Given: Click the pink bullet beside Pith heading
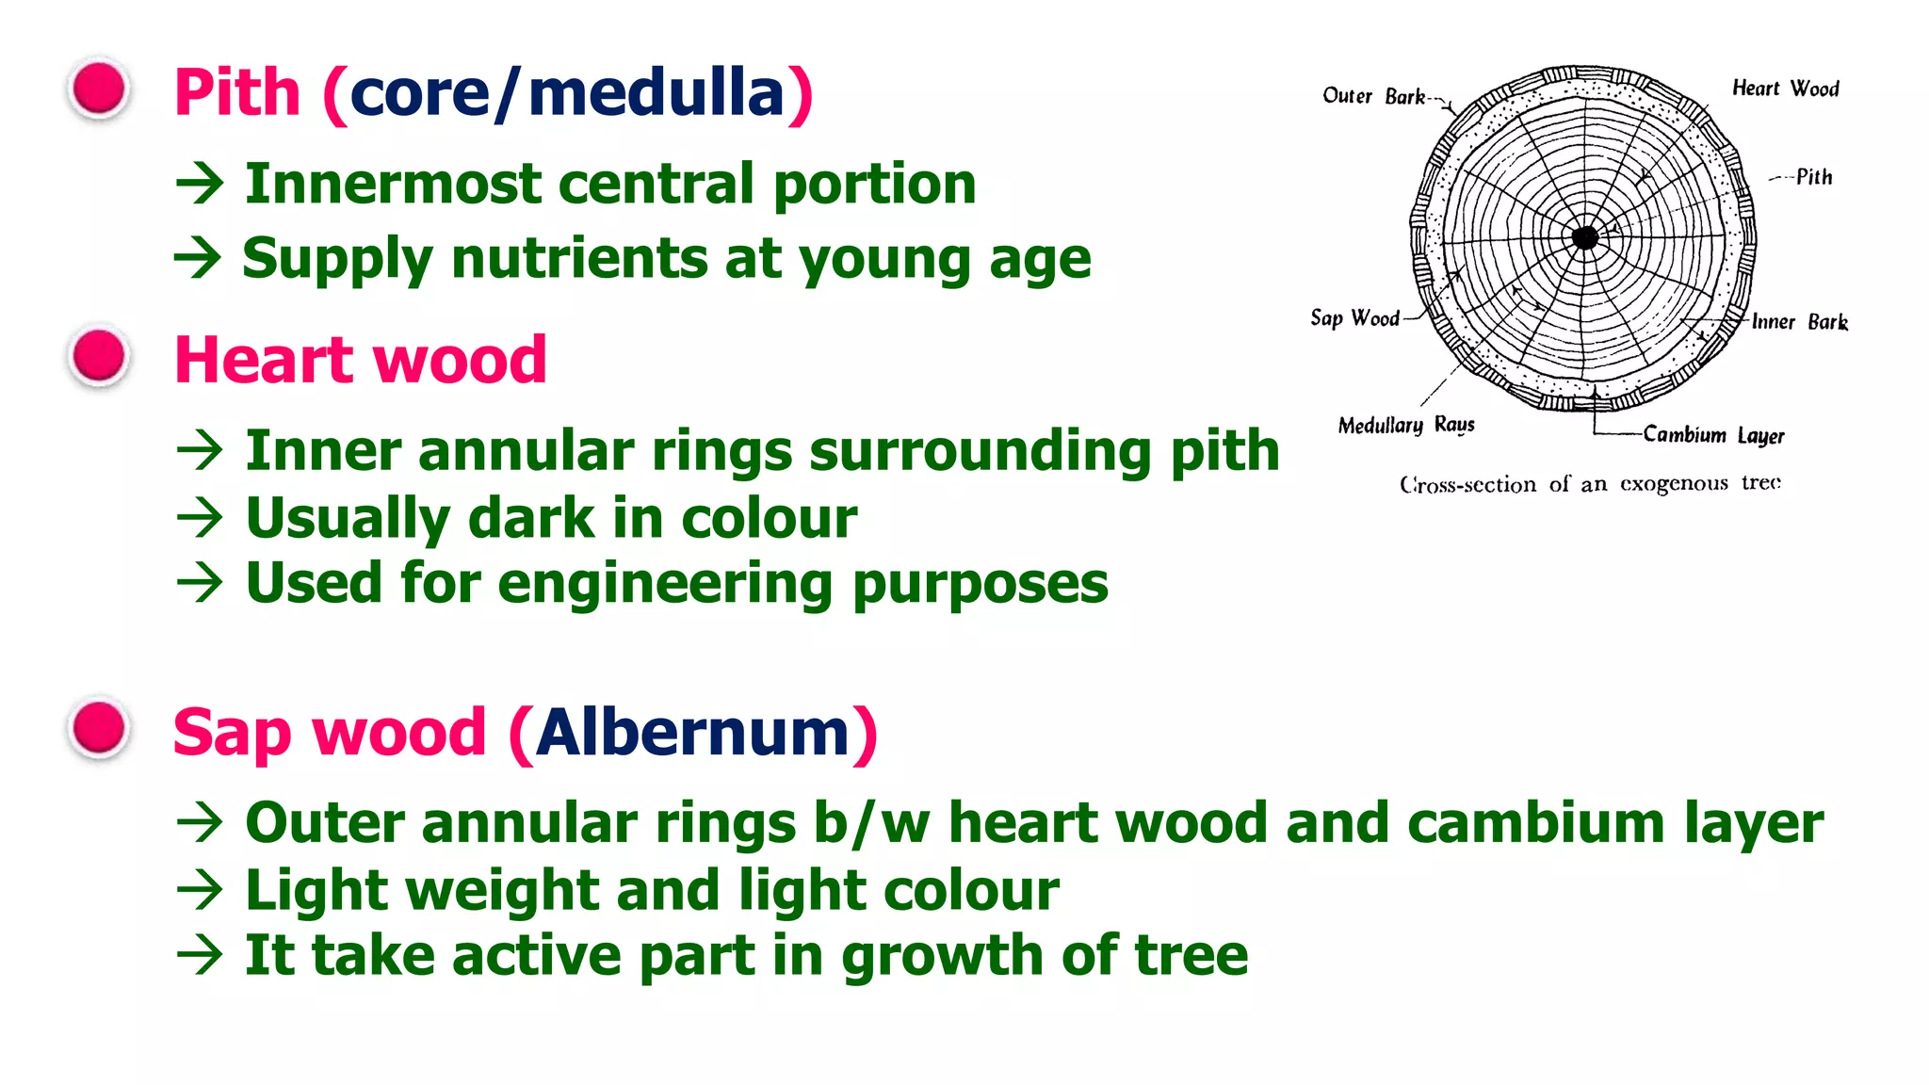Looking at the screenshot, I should click(x=99, y=89).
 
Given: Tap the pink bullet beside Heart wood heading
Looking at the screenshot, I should click(x=99, y=357).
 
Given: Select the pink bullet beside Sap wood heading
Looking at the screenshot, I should click(x=99, y=728).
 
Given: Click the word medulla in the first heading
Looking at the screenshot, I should click(x=657, y=93).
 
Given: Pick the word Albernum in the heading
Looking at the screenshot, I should click(x=693, y=733).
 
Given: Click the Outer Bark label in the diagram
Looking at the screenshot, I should click(x=1373, y=96).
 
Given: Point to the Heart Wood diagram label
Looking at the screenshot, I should click(x=1785, y=89).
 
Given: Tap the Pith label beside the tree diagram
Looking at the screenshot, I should click(x=1813, y=177).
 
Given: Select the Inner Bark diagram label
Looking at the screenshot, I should click(x=1799, y=322).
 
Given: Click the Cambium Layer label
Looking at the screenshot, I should click(x=1713, y=435).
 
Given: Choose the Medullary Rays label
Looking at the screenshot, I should click(x=1405, y=426).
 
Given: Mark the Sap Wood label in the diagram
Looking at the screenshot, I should click(x=1354, y=318).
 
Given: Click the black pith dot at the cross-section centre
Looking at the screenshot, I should click(x=1585, y=237).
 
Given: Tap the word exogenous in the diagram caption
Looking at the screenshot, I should click(x=1674, y=484).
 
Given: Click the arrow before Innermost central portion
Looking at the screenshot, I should click(x=200, y=183).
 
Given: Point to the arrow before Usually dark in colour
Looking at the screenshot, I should click(x=200, y=518).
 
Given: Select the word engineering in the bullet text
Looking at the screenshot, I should click(x=665, y=584).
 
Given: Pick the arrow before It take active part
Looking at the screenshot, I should click(x=200, y=956).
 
